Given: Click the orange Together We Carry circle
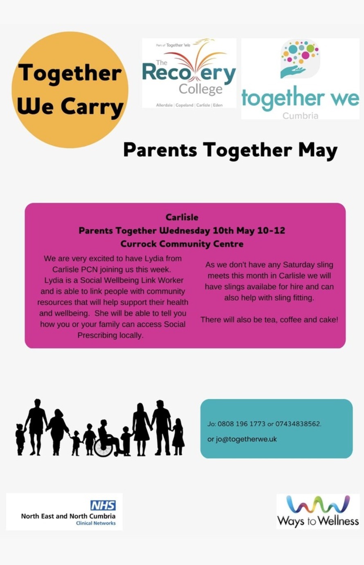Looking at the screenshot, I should click(x=70, y=89).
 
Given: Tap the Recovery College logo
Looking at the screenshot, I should click(x=189, y=73).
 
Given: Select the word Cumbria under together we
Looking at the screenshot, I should click(x=300, y=116).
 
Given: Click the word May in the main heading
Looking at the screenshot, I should click(x=318, y=150).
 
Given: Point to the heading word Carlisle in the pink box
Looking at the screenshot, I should click(x=182, y=217).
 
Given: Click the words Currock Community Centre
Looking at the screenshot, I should click(x=182, y=244).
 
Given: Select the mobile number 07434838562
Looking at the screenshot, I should click(x=298, y=424).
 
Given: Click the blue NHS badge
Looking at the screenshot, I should click(x=103, y=505).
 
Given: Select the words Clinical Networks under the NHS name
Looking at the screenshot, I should click(x=96, y=523).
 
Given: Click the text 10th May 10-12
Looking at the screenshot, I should click(x=249, y=230).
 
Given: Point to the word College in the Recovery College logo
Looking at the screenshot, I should click(x=200, y=89).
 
